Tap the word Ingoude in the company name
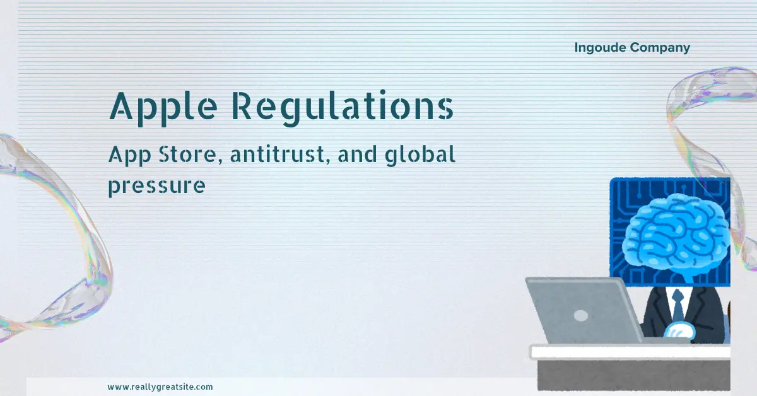tap(599, 47)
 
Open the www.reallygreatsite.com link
tap(160, 387)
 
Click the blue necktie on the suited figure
tap(678, 306)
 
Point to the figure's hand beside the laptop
tap(680, 331)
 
